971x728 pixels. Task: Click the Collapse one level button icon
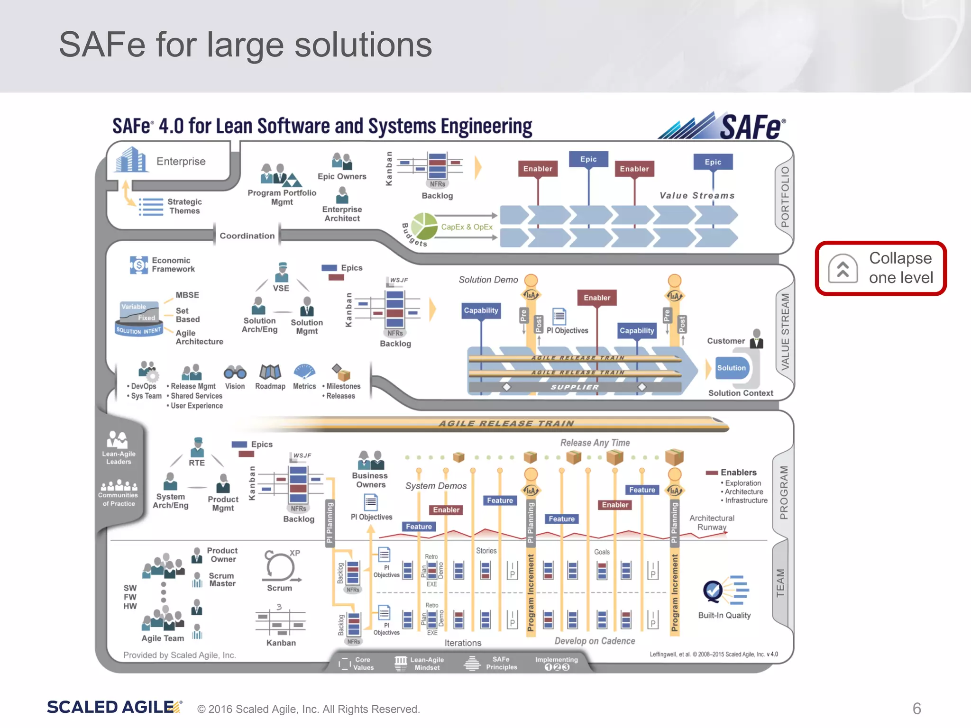pos(843,269)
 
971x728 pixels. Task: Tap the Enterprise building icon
pos(129,160)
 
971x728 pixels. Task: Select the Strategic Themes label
pos(184,206)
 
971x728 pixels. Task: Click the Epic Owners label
pos(342,176)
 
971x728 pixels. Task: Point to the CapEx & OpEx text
pos(467,227)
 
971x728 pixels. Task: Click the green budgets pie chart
pos(424,226)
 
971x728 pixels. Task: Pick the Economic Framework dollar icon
pos(138,265)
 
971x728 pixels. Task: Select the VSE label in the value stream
pos(281,288)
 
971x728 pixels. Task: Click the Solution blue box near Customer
pos(731,368)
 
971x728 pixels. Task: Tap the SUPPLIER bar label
pos(574,387)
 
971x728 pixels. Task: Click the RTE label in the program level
pos(197,463)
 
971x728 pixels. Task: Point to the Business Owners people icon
pos(370,460)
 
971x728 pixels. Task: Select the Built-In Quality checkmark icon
pos(713,591)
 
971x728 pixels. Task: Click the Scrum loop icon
pos(280,566)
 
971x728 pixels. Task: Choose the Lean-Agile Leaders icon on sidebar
pos(118,440)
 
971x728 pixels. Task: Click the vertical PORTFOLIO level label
pos(785,197)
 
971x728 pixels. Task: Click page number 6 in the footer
pos(916,709)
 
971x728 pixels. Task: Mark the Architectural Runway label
pos(712,522)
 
